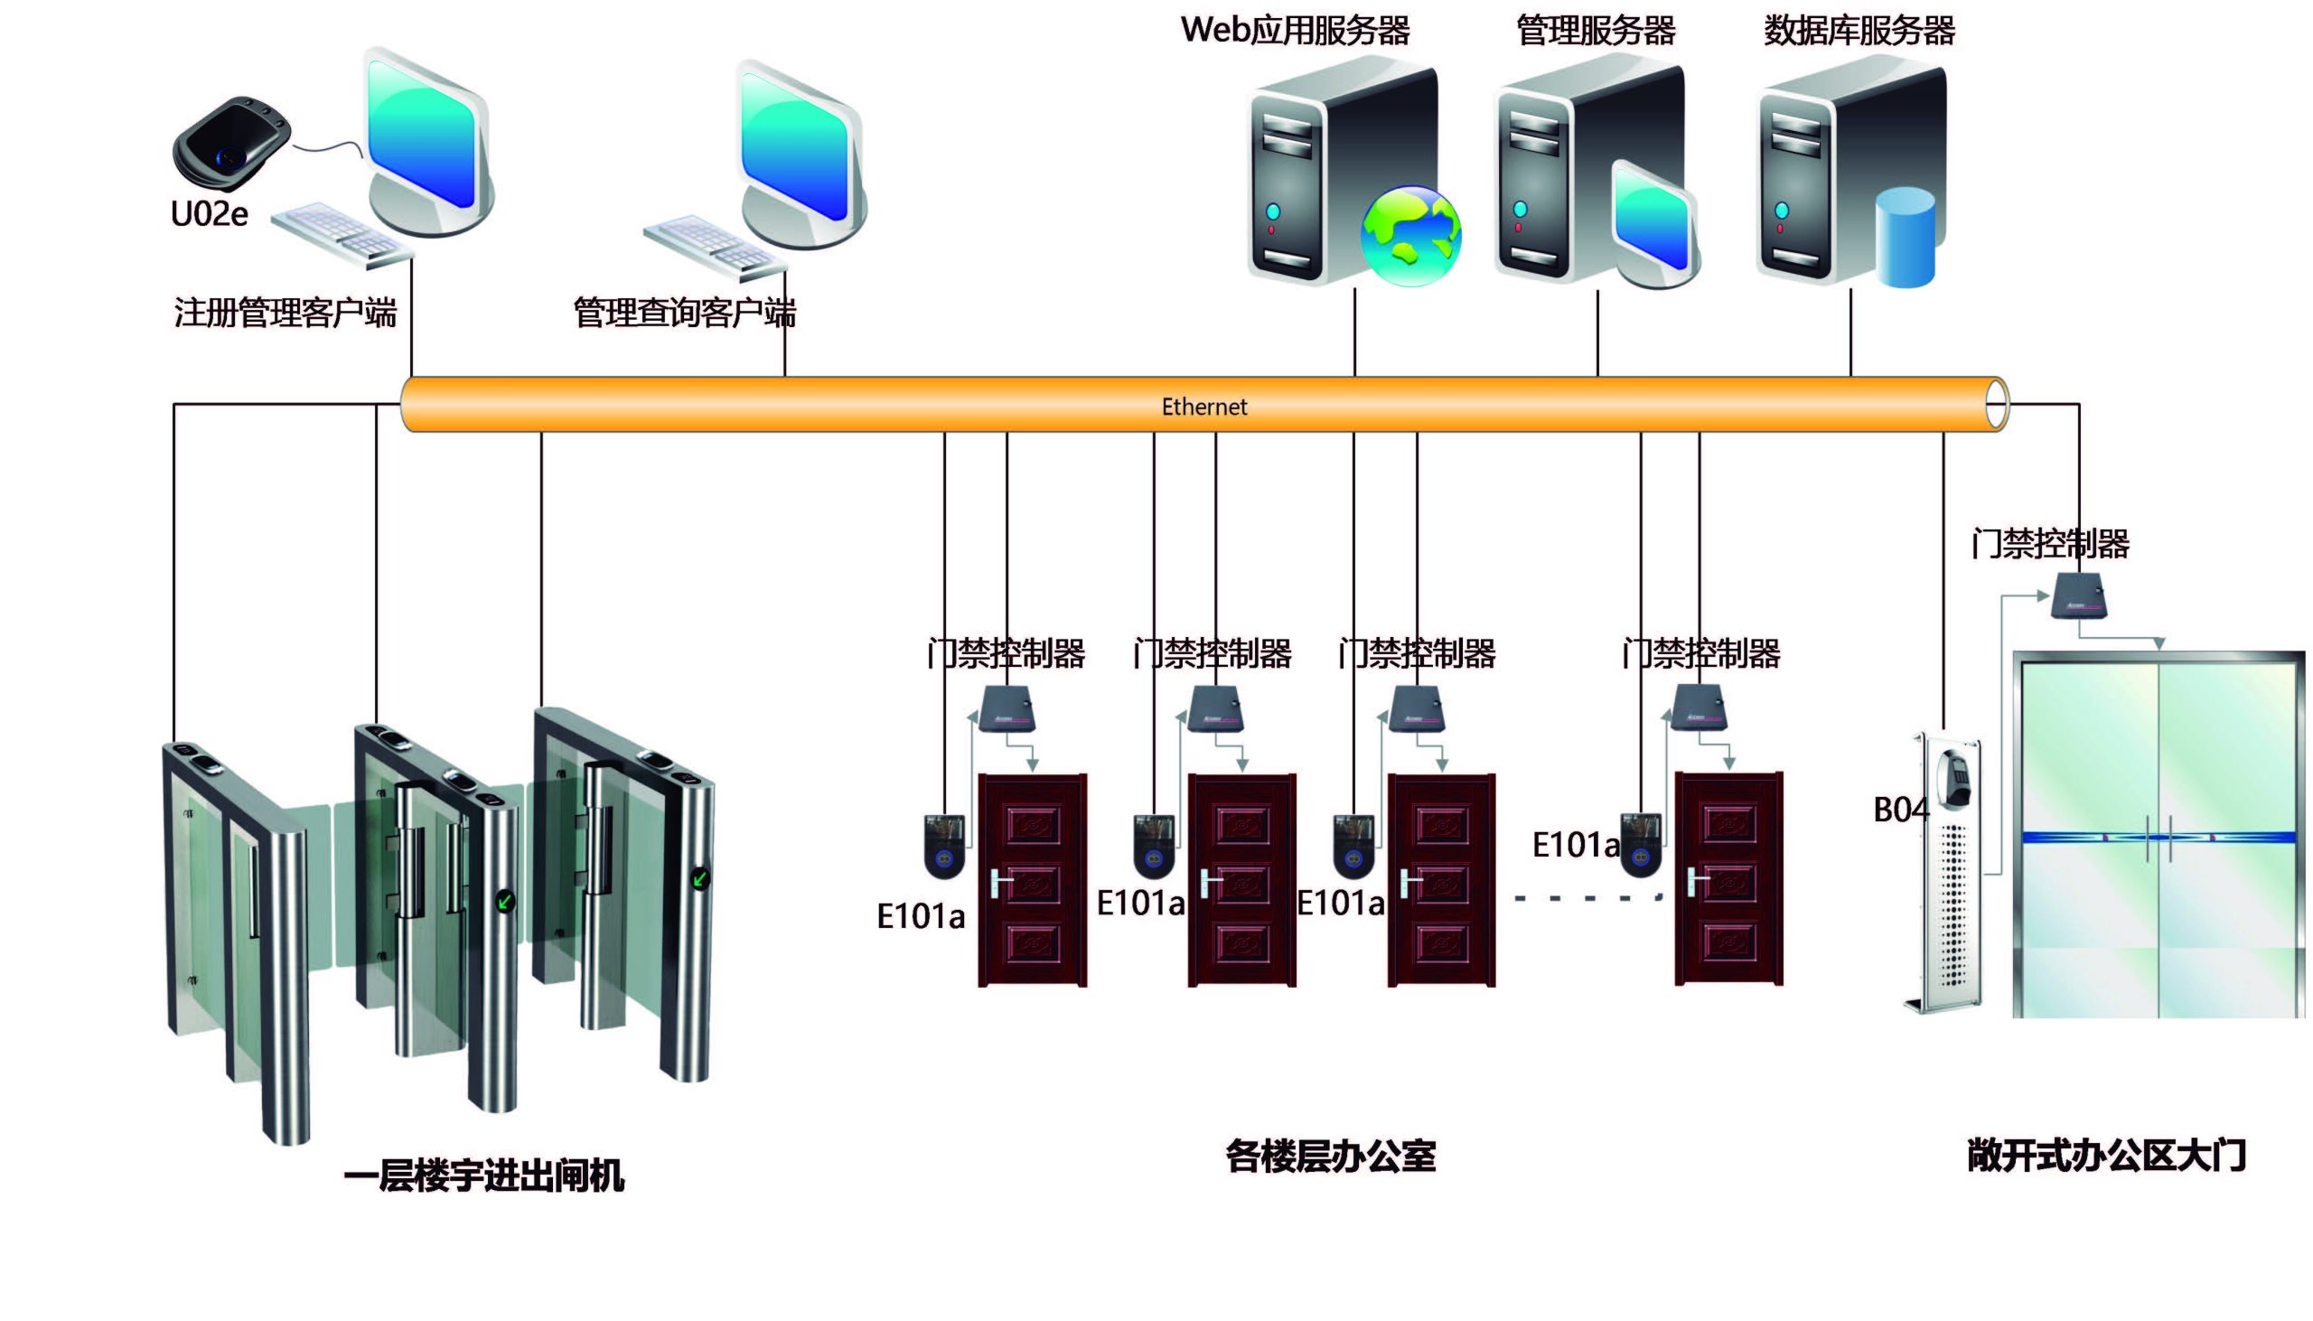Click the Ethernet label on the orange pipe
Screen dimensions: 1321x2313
tap(1203, 407)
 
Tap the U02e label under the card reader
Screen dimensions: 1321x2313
tap(209, 214)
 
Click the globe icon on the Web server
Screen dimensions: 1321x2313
tap(1410, 236)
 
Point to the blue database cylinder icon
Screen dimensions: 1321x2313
tap(1904, 238)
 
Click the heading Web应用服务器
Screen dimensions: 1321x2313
tap(1295, 30)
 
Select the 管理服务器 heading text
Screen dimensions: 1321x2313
tap(1595, 30)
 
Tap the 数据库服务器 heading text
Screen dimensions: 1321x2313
tap(1859, 30)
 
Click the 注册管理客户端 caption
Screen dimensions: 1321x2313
tap(285, 313)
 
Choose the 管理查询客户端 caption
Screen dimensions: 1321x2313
tap(684, 313)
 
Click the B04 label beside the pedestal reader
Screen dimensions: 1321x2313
tap(1899, 810)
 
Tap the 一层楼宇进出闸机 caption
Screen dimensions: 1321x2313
tap(483, 1176)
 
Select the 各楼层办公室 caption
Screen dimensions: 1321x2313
tap(1330, 1156)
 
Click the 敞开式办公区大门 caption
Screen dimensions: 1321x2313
tap(2105, 1156)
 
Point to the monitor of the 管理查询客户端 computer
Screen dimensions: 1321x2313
tap(796, 150)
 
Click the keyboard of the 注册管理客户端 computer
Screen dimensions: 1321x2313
tap(340, 233)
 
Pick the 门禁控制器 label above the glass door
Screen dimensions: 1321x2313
tap(2049, 544)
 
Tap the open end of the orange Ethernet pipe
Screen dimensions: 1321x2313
tap(1996, 405)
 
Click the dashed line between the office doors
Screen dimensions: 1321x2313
tap(1587, 898)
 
